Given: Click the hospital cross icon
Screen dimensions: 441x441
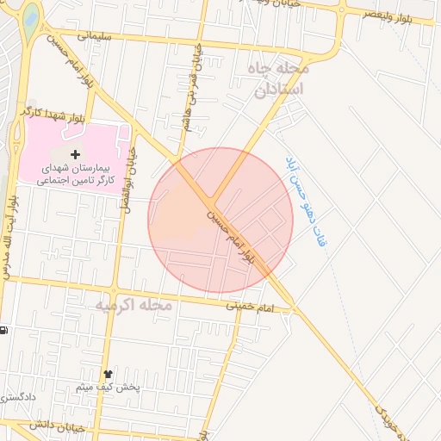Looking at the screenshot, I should tap(75, 153).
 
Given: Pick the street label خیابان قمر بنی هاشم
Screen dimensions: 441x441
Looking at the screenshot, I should tap(191, 86).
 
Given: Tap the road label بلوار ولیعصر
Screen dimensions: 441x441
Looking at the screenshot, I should tap(405, 14).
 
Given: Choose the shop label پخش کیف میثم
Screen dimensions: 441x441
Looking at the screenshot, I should tap(108, 387).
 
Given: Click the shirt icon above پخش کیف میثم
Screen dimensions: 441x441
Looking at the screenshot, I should tap(108, 373).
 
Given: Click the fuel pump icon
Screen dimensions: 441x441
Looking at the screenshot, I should tap(3, 330).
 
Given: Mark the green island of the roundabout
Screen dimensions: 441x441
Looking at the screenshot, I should tap(31, 16).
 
